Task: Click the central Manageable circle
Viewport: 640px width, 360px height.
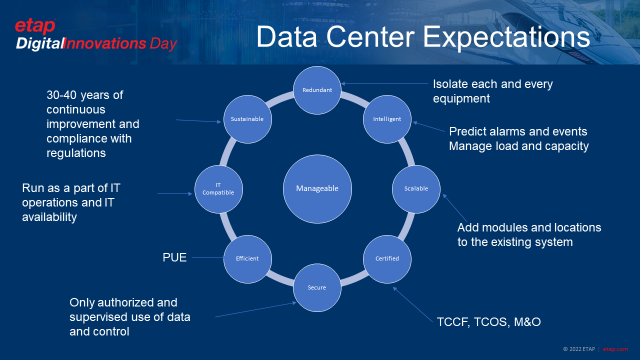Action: [317, 188]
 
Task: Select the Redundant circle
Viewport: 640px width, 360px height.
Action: [317, 90]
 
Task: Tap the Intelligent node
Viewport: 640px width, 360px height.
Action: [387, 119]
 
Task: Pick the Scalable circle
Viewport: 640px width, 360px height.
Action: [416, 188]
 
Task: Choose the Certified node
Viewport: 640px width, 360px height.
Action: [387, 258]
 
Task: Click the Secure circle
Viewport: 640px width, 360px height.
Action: [317, 287]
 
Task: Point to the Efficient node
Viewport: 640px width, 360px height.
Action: [247, 258]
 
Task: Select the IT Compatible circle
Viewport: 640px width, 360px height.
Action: [218, 188]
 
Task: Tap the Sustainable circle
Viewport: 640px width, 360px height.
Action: [247, 119]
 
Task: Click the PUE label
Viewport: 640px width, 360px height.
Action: [174, 257]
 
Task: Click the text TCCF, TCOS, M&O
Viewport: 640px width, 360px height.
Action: [488, 321]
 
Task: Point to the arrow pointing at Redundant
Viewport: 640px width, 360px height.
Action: [385, 83]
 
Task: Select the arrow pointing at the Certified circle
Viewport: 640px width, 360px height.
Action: [413, 304]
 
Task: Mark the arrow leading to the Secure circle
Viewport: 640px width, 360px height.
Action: [255, 309]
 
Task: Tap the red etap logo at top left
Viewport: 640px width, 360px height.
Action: [35, 26]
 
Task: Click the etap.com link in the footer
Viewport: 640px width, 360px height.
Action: [615, 349]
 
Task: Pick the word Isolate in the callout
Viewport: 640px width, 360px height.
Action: [451, 84]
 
